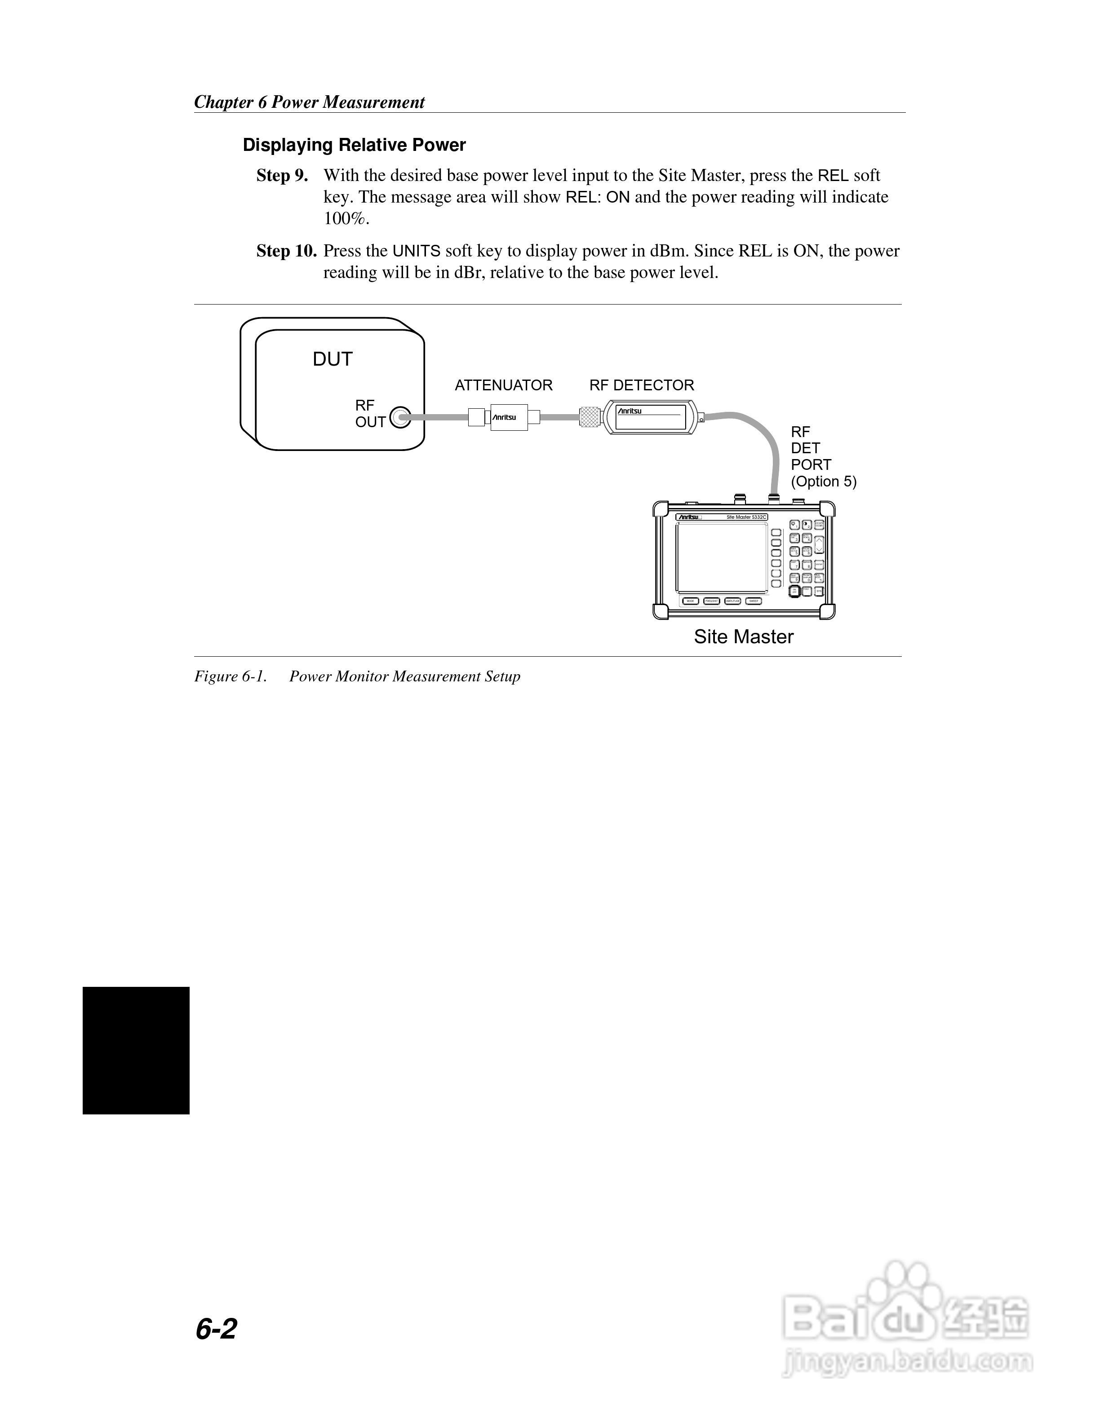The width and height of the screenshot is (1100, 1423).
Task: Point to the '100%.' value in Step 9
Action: point(346,219)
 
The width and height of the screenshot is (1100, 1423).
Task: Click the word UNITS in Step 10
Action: point(417,252)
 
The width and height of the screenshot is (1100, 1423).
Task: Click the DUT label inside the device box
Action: point(333,359)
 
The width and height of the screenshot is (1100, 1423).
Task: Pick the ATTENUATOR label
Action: point(503,386)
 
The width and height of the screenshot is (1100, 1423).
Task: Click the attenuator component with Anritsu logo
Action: point(504,417)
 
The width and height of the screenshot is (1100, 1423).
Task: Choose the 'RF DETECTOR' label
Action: point(641,386)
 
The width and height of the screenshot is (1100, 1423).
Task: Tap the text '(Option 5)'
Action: point(823,482)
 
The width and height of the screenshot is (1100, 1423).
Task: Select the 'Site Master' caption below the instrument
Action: point(743,636)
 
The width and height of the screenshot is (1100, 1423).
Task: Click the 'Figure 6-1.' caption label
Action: point(231,676)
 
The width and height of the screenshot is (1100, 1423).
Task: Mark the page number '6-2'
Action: point(216,1329)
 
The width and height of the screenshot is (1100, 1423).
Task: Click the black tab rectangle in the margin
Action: point(136,1050)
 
